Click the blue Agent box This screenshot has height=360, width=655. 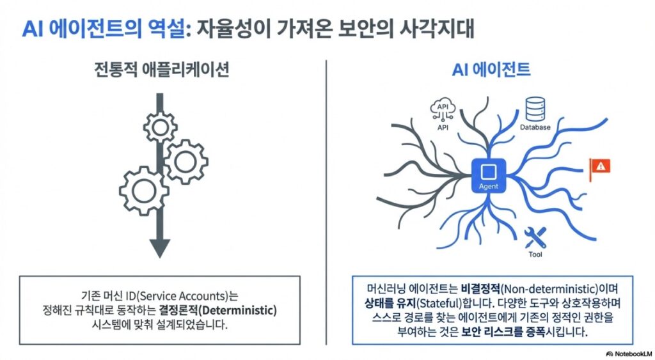click(488, 175)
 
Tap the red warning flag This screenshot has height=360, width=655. click(600, 169)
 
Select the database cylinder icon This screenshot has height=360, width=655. click(535, 109)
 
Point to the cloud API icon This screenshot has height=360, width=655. click(443, 110)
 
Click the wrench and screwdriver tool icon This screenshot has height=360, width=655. click(535, 237)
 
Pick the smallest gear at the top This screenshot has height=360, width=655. click(161, 127)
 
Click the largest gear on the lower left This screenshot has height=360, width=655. click(144, 191)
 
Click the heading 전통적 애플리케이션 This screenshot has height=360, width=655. click(162, 69)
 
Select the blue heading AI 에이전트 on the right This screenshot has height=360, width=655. click(491, 69)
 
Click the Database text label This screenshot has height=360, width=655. click(535, 127)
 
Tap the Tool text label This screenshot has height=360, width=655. click(535, 254)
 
